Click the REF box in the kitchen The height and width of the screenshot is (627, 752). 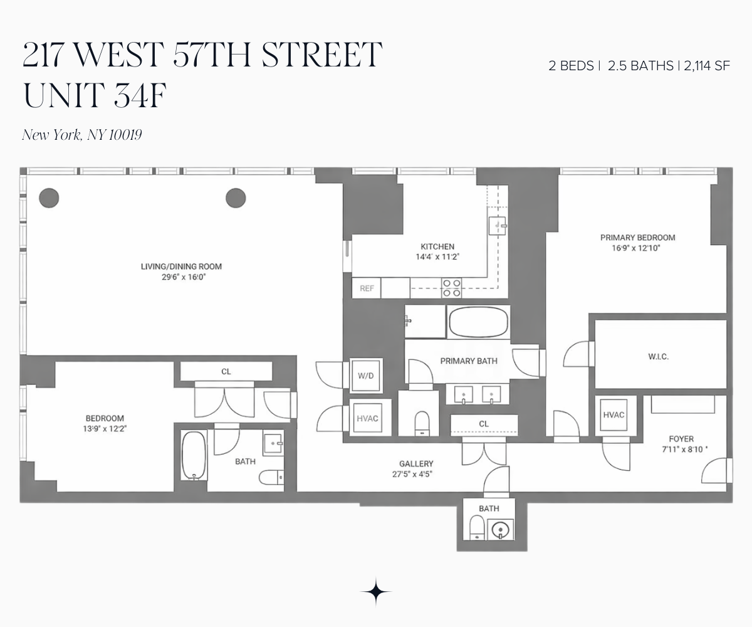point(367,288)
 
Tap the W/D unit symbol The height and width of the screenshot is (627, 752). point(365,376)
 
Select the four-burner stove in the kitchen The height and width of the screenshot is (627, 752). point(452,288)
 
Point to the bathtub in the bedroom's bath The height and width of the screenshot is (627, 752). point(193,455)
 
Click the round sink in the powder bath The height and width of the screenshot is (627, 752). point(501,530)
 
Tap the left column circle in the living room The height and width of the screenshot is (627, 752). point(49,198)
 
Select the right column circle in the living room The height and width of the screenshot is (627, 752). point(236,198)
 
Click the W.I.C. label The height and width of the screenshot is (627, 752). point(658,357)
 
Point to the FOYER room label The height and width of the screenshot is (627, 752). point(681,439)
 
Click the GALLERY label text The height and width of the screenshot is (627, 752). point(416,464)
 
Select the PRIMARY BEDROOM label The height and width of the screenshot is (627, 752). point(637,238)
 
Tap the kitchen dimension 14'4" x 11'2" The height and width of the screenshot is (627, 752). point(437,256)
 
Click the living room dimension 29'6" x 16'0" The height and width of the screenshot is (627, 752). point(181,277)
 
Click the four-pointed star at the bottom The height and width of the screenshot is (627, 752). point(376,591)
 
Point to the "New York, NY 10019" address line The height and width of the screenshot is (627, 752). point(82,135)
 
